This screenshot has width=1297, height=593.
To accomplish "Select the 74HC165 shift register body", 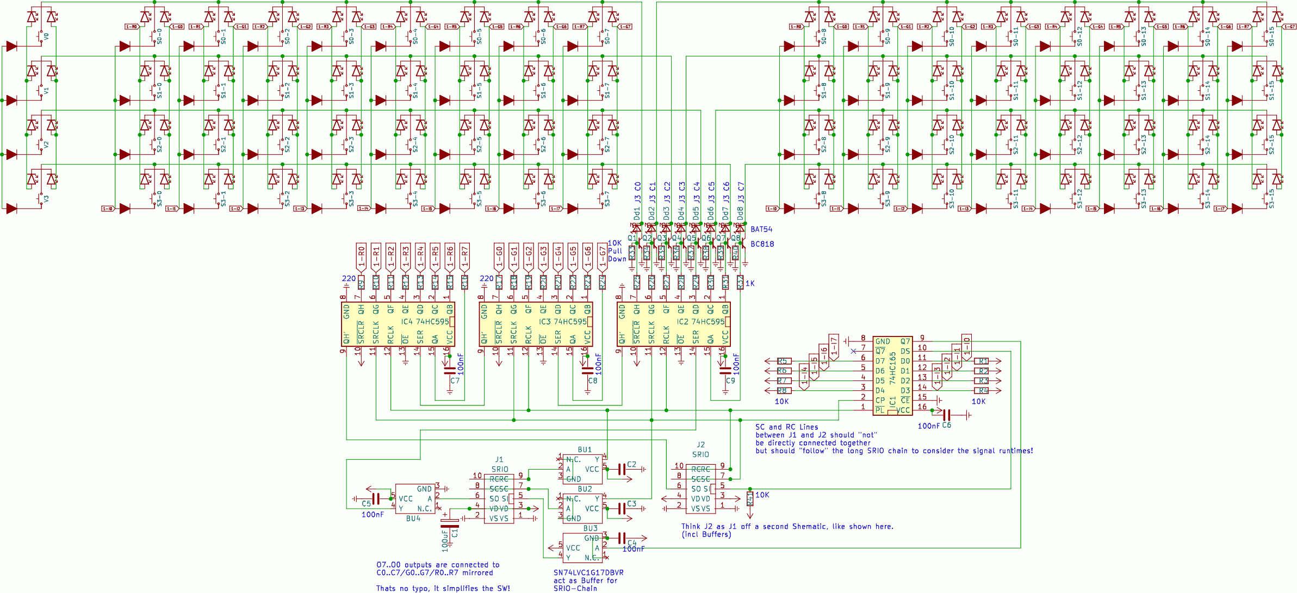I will point(892,376).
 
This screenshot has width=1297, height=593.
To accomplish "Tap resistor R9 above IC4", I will point(361,282).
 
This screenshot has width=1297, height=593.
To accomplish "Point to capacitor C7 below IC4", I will point(449,371).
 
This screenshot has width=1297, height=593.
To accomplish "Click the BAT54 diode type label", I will point(761,229).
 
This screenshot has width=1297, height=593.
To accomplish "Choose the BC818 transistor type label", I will point(762,244).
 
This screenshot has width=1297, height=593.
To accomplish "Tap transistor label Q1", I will point(631,238).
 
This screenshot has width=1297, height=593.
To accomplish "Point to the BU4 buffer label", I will point(413,519).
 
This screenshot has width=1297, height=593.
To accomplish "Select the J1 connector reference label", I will point(499,460).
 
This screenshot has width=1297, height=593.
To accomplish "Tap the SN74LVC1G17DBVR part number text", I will point(588,572).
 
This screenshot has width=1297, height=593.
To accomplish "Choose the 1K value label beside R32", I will point(750,283).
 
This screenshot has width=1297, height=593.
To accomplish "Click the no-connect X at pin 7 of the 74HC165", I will point(853,351).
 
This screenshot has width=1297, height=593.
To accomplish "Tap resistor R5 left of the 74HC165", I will point(783,361).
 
